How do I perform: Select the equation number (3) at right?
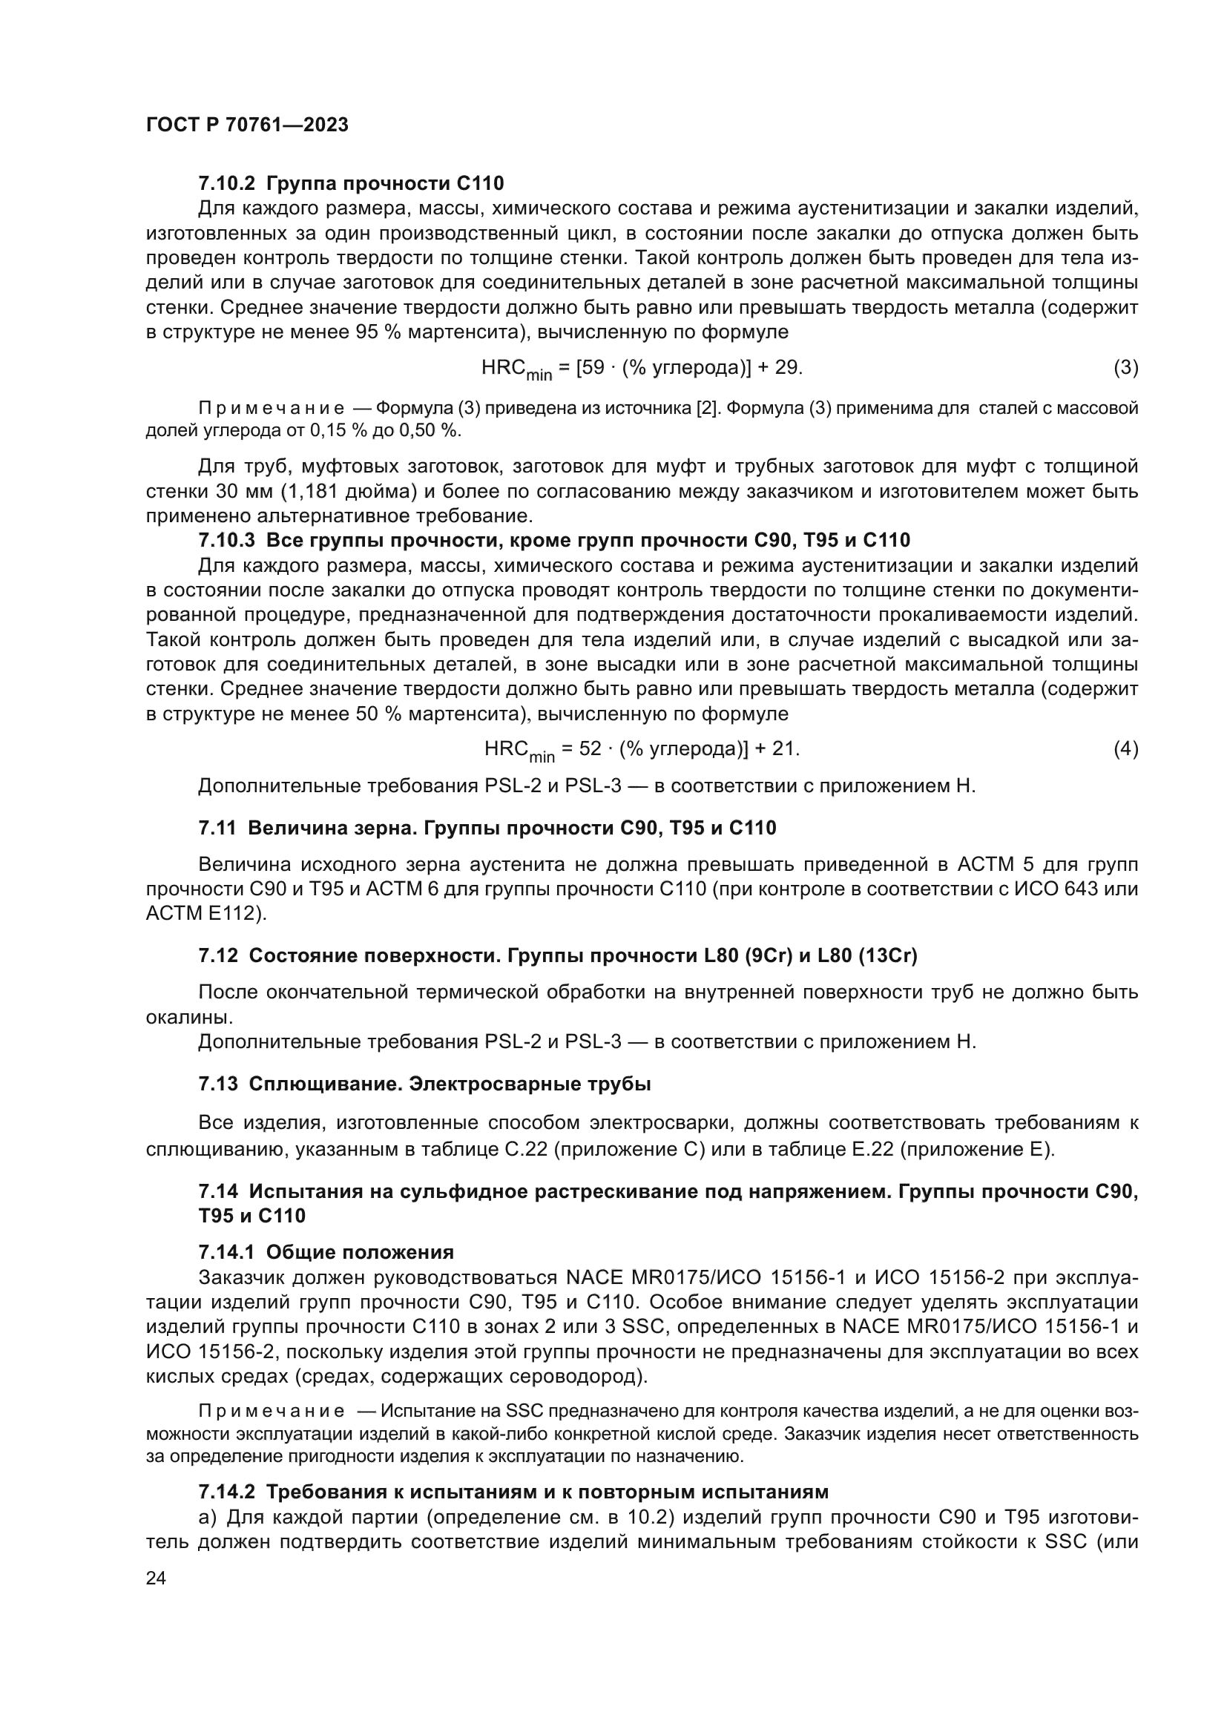tap(1126, 368)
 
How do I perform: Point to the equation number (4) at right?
tap(1126, 749)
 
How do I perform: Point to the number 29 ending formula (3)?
tap(787, 368)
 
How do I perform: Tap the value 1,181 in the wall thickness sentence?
tap(312, 492)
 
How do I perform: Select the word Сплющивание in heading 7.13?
tap(325, 1084)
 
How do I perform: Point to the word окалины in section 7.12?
tap(178, 1017)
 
